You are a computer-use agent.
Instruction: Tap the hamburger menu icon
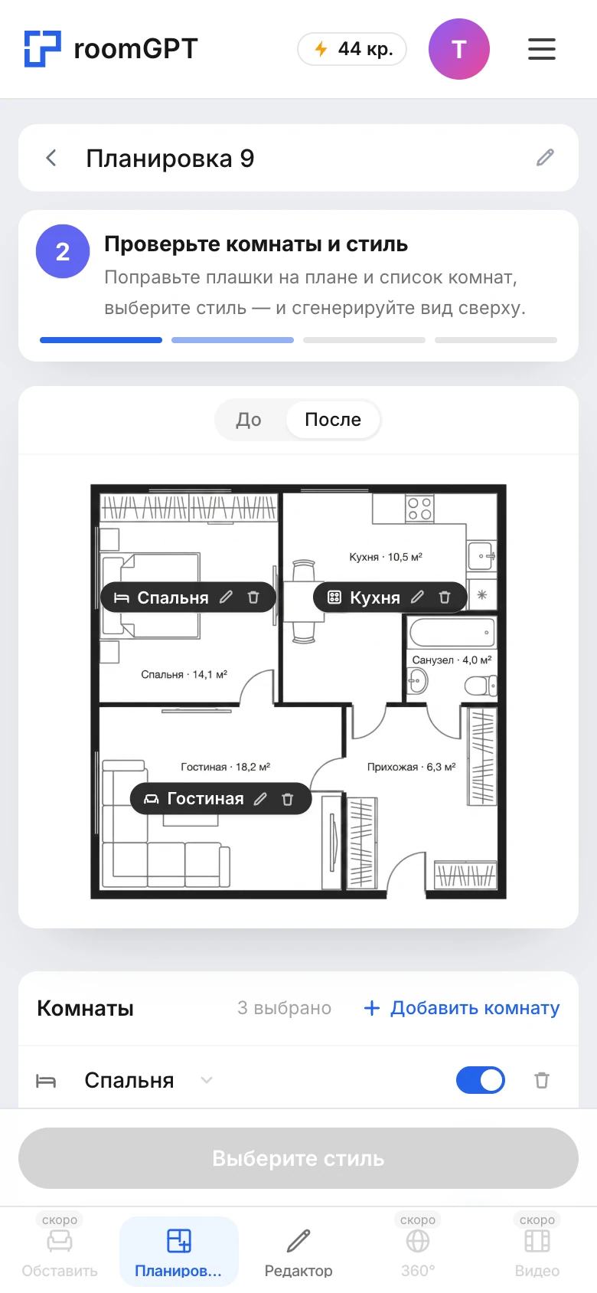tap(542, 49)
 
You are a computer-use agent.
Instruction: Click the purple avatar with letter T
tap(459, 49)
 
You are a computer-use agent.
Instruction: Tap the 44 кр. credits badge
tap(352, 49)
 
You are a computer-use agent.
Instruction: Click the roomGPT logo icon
tap(42, 48)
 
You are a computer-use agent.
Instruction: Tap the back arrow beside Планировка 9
tap(51, 158)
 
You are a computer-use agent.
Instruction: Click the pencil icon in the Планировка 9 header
tap(545, 158)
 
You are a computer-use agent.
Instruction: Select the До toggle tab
tap(249, 420)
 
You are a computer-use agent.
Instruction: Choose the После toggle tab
tap(333, 420)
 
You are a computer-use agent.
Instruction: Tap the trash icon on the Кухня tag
tap(445, 597)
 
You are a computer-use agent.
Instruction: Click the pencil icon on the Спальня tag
tap(226, 597)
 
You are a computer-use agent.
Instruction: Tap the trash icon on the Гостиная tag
tap(287, 799)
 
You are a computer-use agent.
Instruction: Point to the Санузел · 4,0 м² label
tap(452, 660)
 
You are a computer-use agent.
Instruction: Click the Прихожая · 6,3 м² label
tap(411, 767)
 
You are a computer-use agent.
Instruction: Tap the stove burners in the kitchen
tap(419, 509)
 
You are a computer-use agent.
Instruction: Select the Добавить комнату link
tap(462, 1008)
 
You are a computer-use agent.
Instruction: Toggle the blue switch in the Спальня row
tap(481, 1080)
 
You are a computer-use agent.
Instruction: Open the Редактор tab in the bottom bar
tap(298, 1252)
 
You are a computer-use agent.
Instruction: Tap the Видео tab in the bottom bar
tap(537, 1252)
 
